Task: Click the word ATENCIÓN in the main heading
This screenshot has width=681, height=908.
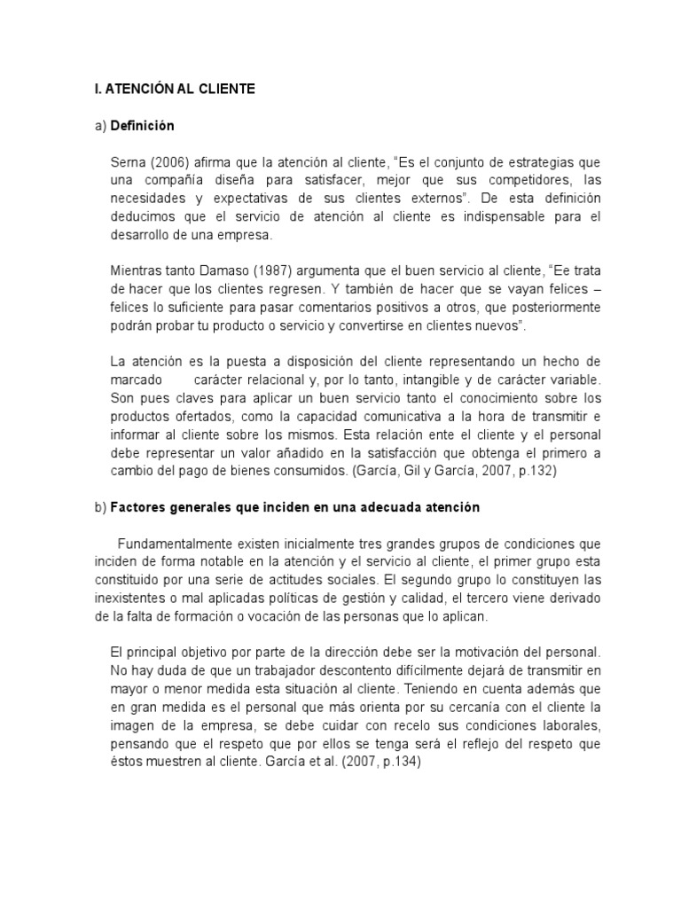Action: click(138, 89)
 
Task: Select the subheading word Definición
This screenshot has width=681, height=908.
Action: click(142, 125)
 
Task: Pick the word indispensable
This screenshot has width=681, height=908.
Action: click(469, 216)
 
